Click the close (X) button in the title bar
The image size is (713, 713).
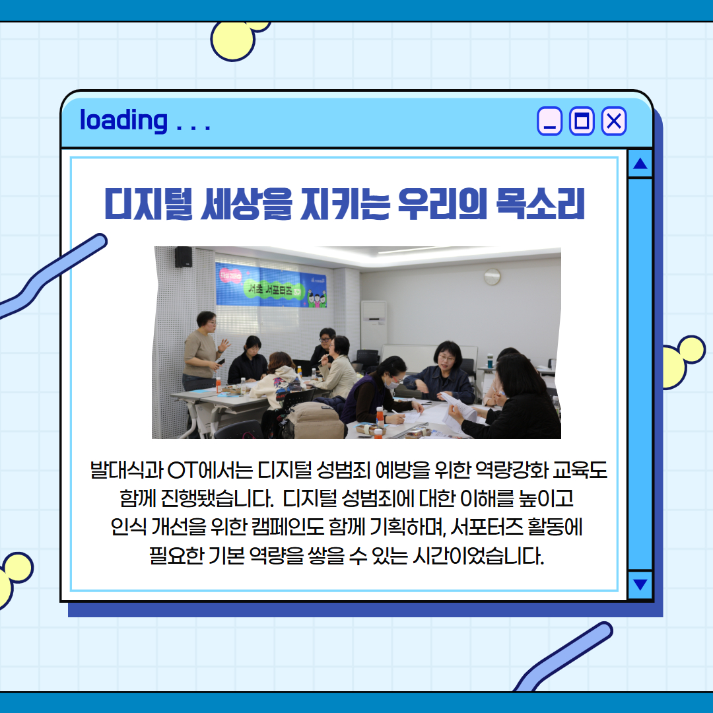click(x=613, y=121)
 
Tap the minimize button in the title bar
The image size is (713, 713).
click(x=549, y=121)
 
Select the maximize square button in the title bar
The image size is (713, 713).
click(x=582, y=121)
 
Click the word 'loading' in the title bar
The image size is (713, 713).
click(x=123, y=120)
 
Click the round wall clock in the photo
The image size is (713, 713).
click(x=492, y=277)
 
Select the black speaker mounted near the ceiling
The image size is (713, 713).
click(x=183, y=257)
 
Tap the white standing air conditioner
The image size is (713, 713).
click(x=374, y=325)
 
